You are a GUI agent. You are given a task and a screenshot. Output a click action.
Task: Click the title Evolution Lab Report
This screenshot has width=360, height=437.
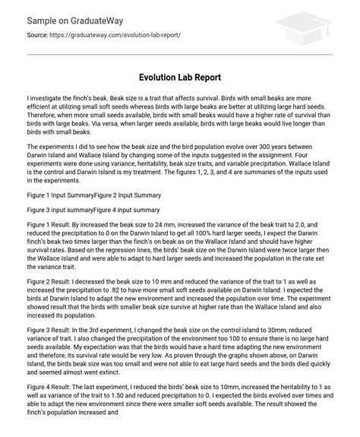(x=180, y=78)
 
